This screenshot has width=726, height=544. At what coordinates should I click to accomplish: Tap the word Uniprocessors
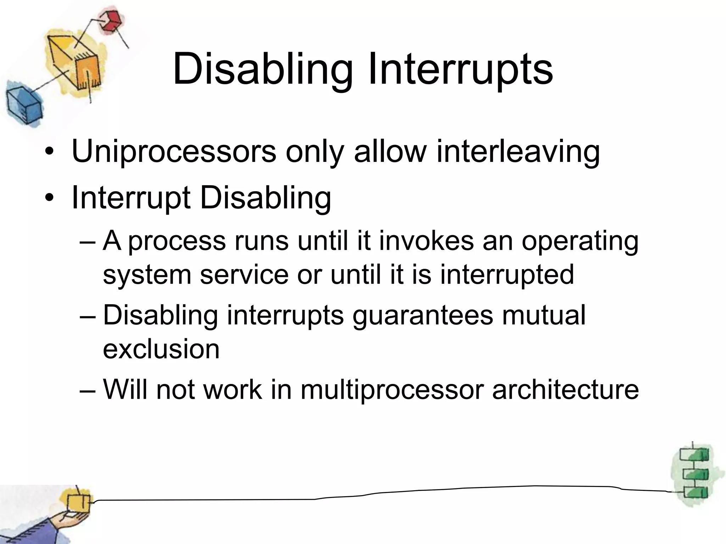point(174,152)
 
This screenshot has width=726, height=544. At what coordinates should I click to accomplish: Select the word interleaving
point(518,152)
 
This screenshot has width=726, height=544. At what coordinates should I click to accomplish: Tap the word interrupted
point(507,274)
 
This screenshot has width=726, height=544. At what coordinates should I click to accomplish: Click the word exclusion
point(161,348)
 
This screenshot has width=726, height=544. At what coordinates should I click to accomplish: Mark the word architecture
point(565,390)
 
